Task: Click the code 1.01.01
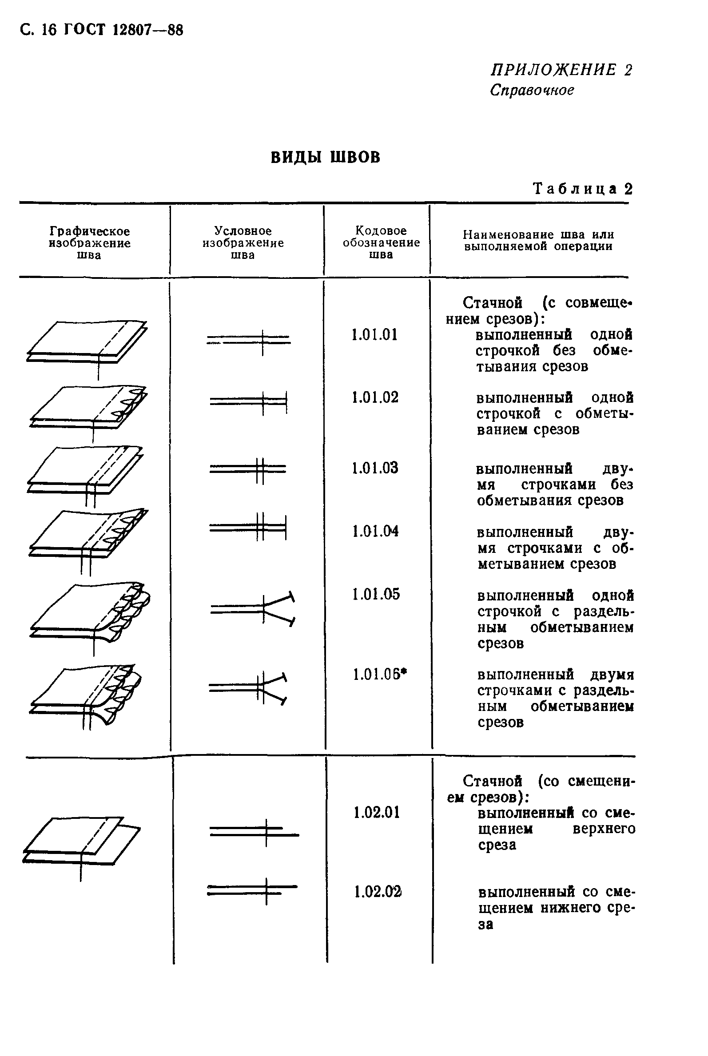tap(374, 334)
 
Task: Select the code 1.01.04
tap(375, 531)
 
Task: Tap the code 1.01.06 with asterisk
tap(379, 675)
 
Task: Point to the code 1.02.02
tap(378, 892)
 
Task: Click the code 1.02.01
tap(377, 813)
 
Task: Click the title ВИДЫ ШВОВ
tap(326, 157)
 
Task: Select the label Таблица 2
tap(582, 188)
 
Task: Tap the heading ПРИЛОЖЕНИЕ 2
tap(561, 70)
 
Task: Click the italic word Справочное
tap(532, 90)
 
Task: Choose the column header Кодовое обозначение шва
tap(381, 242)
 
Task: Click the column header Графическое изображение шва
tap(89, 243)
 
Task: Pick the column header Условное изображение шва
tap(243, 243)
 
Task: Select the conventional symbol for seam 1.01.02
tap(249, 401)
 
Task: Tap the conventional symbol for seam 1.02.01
tap(254, 832)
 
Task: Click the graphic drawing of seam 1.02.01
tap(81, 843)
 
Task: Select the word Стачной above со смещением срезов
tap(492, 781)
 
